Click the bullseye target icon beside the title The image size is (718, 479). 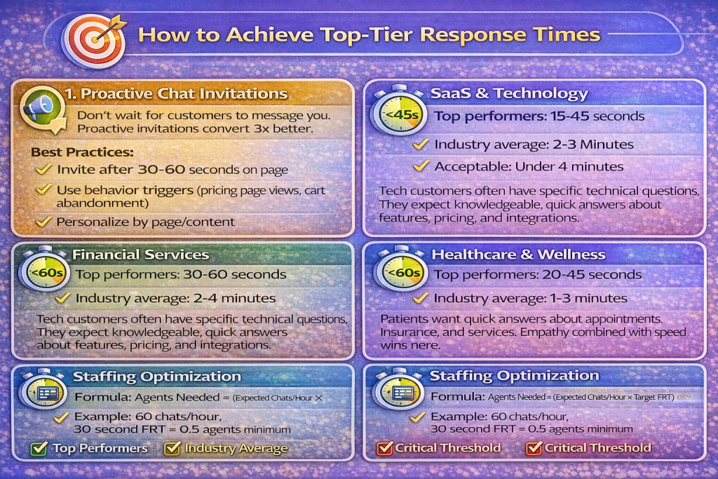[x=95, y=40]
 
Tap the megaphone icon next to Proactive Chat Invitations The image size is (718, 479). [x=42, y=109]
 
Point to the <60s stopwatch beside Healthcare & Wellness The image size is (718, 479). [x=400, y=272]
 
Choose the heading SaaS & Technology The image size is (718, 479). [x=509, y=93]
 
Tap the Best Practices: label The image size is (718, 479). [x=82, y=152]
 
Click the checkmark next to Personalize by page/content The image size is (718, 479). [x=43, y=222]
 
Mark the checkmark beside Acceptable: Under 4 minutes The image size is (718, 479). [x=421, y=166]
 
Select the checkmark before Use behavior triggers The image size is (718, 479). [x=43, y=189]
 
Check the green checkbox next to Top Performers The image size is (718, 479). [x=39, y=448]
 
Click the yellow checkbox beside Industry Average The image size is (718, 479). [x=172, y=448]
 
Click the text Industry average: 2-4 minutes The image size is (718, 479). [x=175, y=298]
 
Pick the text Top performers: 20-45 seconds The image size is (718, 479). [x=538, y=275]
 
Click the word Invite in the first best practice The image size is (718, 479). [x=76, y=170]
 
